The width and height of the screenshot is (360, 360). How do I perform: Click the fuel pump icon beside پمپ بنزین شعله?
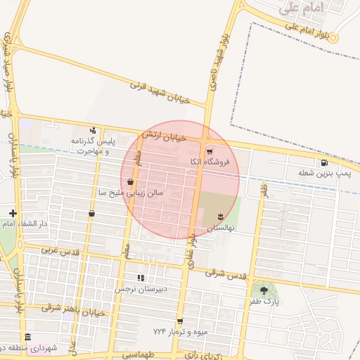[x=322, y=162]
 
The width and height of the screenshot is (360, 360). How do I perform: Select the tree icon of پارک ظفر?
[x=264, y=290]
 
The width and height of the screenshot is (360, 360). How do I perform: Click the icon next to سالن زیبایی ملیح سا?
[x=131, y=181]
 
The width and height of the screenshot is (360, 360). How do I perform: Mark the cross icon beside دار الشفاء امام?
[x=13, y=213]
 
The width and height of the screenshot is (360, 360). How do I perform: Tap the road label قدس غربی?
[x=56, y=250]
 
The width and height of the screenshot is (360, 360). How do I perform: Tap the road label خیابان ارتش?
[x=165, y=129]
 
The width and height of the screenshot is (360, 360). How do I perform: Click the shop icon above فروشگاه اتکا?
[x=209, y=151]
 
